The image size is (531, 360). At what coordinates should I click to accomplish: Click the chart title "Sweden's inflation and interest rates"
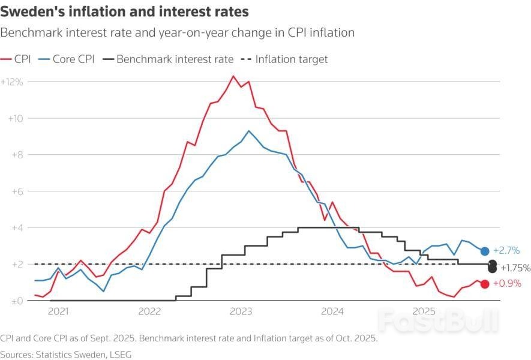point(124,11)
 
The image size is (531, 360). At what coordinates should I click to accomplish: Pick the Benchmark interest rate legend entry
point(168,59)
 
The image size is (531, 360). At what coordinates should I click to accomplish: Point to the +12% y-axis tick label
point(12,82)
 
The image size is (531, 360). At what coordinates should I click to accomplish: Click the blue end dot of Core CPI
point(485,251)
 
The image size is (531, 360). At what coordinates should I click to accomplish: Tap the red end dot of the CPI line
point(485,284)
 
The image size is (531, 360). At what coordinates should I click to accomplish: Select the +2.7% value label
point(506,251)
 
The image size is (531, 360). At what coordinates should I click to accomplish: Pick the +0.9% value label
point(506,284)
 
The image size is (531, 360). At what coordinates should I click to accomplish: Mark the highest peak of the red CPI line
point(233,76)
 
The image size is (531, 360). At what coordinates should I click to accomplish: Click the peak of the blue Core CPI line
point(249,130)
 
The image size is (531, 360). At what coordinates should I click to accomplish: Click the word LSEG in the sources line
point(119,354)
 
